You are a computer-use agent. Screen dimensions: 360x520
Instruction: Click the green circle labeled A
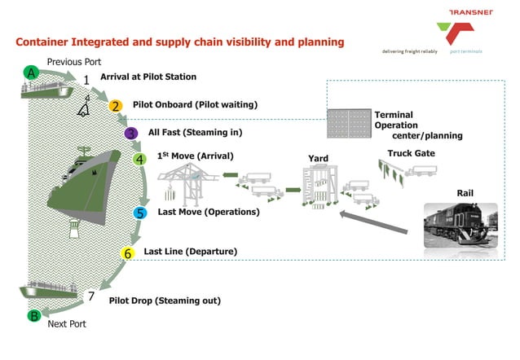[32, 72]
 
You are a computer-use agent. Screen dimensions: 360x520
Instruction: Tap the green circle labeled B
[34, 315]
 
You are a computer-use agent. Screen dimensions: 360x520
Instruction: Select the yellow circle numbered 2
[116, 106]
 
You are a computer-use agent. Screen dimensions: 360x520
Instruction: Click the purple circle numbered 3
[130, 133]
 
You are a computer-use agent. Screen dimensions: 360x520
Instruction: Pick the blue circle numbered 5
[140, 213]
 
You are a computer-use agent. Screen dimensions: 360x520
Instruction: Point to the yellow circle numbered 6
[127, 253]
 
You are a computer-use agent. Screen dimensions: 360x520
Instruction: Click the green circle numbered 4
[140, 159]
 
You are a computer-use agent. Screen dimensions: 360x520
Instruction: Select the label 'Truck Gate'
[411, 152]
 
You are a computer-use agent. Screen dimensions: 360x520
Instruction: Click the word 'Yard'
[318, 158]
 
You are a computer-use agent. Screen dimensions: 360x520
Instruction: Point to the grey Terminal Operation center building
[348, 123]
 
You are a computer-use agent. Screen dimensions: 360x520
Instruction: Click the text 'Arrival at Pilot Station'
[148, 77]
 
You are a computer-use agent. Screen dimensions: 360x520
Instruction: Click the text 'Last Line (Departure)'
[190, 252]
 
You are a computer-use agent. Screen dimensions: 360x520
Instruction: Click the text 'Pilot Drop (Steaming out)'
[165, 300]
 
